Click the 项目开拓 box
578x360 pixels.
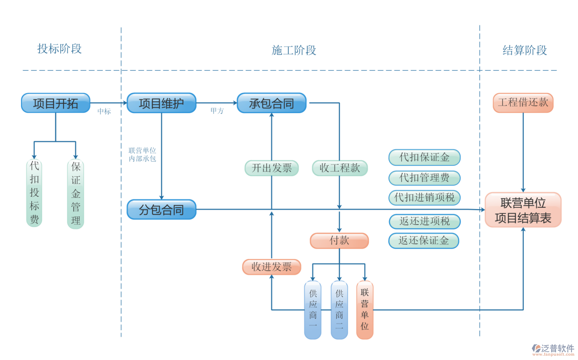pyautogui.click(x=56, y=103)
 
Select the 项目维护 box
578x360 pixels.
pyautogui.click(x=161, y=103)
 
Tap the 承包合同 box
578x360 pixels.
pyautogui.click(x=272, y=103)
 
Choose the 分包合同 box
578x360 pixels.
pyautogui.click(x=161, y=210)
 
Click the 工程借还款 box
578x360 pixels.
pyautogui.click(x=523, y=102)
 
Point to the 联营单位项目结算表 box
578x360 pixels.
pyautogui.click(x=523, y=210)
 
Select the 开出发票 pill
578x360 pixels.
pyautogui.click(x=272, y=168)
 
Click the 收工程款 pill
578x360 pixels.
pyautogui.click(x=340, y=168)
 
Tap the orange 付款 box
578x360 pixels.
pyautogui.click(x=339, y=240)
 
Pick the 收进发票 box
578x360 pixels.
pyautogui.click(x=272, y=267)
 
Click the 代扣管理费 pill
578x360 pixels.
pyautogui.click(x=424, y=178)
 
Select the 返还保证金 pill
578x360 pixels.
pyautogui.click(x=424, y=240)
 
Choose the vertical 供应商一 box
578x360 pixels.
pyautogui.click(x=313, y=309)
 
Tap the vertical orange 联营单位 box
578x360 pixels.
pyautogui.click(x=364, y=309)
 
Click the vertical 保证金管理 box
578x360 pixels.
pyautogui.click(x=75, y=194)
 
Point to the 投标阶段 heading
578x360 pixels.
pyautogui.click(x=59, y=49)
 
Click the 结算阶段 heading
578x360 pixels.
pyautogui.click(x=525, y=50)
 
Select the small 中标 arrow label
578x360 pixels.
pyautogui.click(x=104, y=111)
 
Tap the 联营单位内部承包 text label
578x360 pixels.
pyautogui.click(x=142, y=154)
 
